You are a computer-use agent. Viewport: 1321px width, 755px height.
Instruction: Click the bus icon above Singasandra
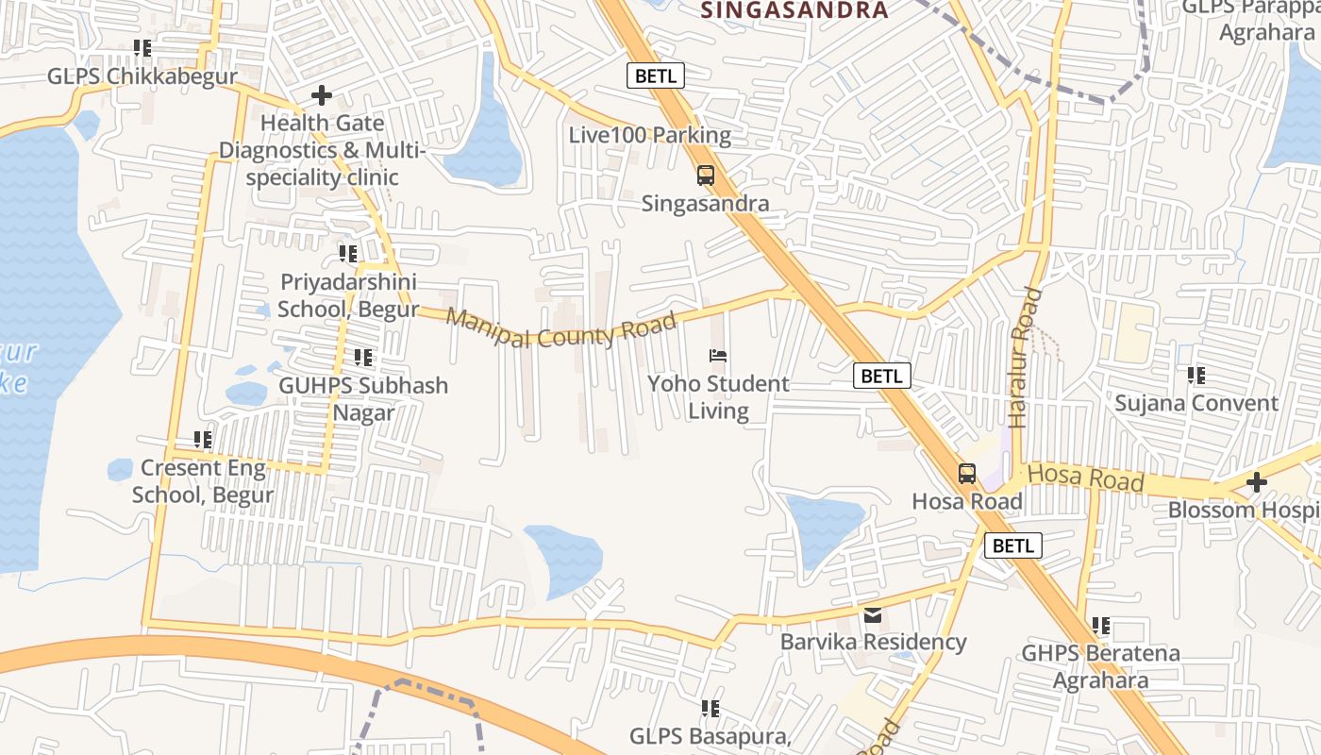tap(705, 175)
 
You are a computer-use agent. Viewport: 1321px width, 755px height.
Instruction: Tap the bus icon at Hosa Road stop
tap(967, 473)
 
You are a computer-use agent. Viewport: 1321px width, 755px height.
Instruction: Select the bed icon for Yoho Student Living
tap(718, 356)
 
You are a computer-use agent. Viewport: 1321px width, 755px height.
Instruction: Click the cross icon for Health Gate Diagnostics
tap(322, 95)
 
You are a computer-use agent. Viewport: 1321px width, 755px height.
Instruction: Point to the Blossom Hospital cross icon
tap(1256, 482)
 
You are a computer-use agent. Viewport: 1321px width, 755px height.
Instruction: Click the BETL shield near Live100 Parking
tap(655, 75)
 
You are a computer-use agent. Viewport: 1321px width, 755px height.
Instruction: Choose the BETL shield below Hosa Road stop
tap(1013, 545)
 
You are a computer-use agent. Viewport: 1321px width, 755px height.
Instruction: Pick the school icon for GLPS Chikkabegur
tap(142, 48)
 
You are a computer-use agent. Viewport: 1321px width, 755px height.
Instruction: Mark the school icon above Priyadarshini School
tap(348, 254)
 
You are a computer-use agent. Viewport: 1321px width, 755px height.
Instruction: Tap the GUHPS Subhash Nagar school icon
tap(363, 358)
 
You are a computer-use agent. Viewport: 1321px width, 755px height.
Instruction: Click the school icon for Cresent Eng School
tap(203, 440)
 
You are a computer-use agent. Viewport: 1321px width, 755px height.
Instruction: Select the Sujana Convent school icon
tap(1196, 376)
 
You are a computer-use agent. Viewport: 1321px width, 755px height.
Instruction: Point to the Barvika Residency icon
tap(873, 615)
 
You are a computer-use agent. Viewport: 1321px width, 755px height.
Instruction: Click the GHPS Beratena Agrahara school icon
tap(1101, 626)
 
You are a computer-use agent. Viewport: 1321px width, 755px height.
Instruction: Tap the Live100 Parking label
tap(649, 135)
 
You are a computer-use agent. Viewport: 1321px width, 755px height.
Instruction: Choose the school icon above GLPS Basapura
tap(711, 709)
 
